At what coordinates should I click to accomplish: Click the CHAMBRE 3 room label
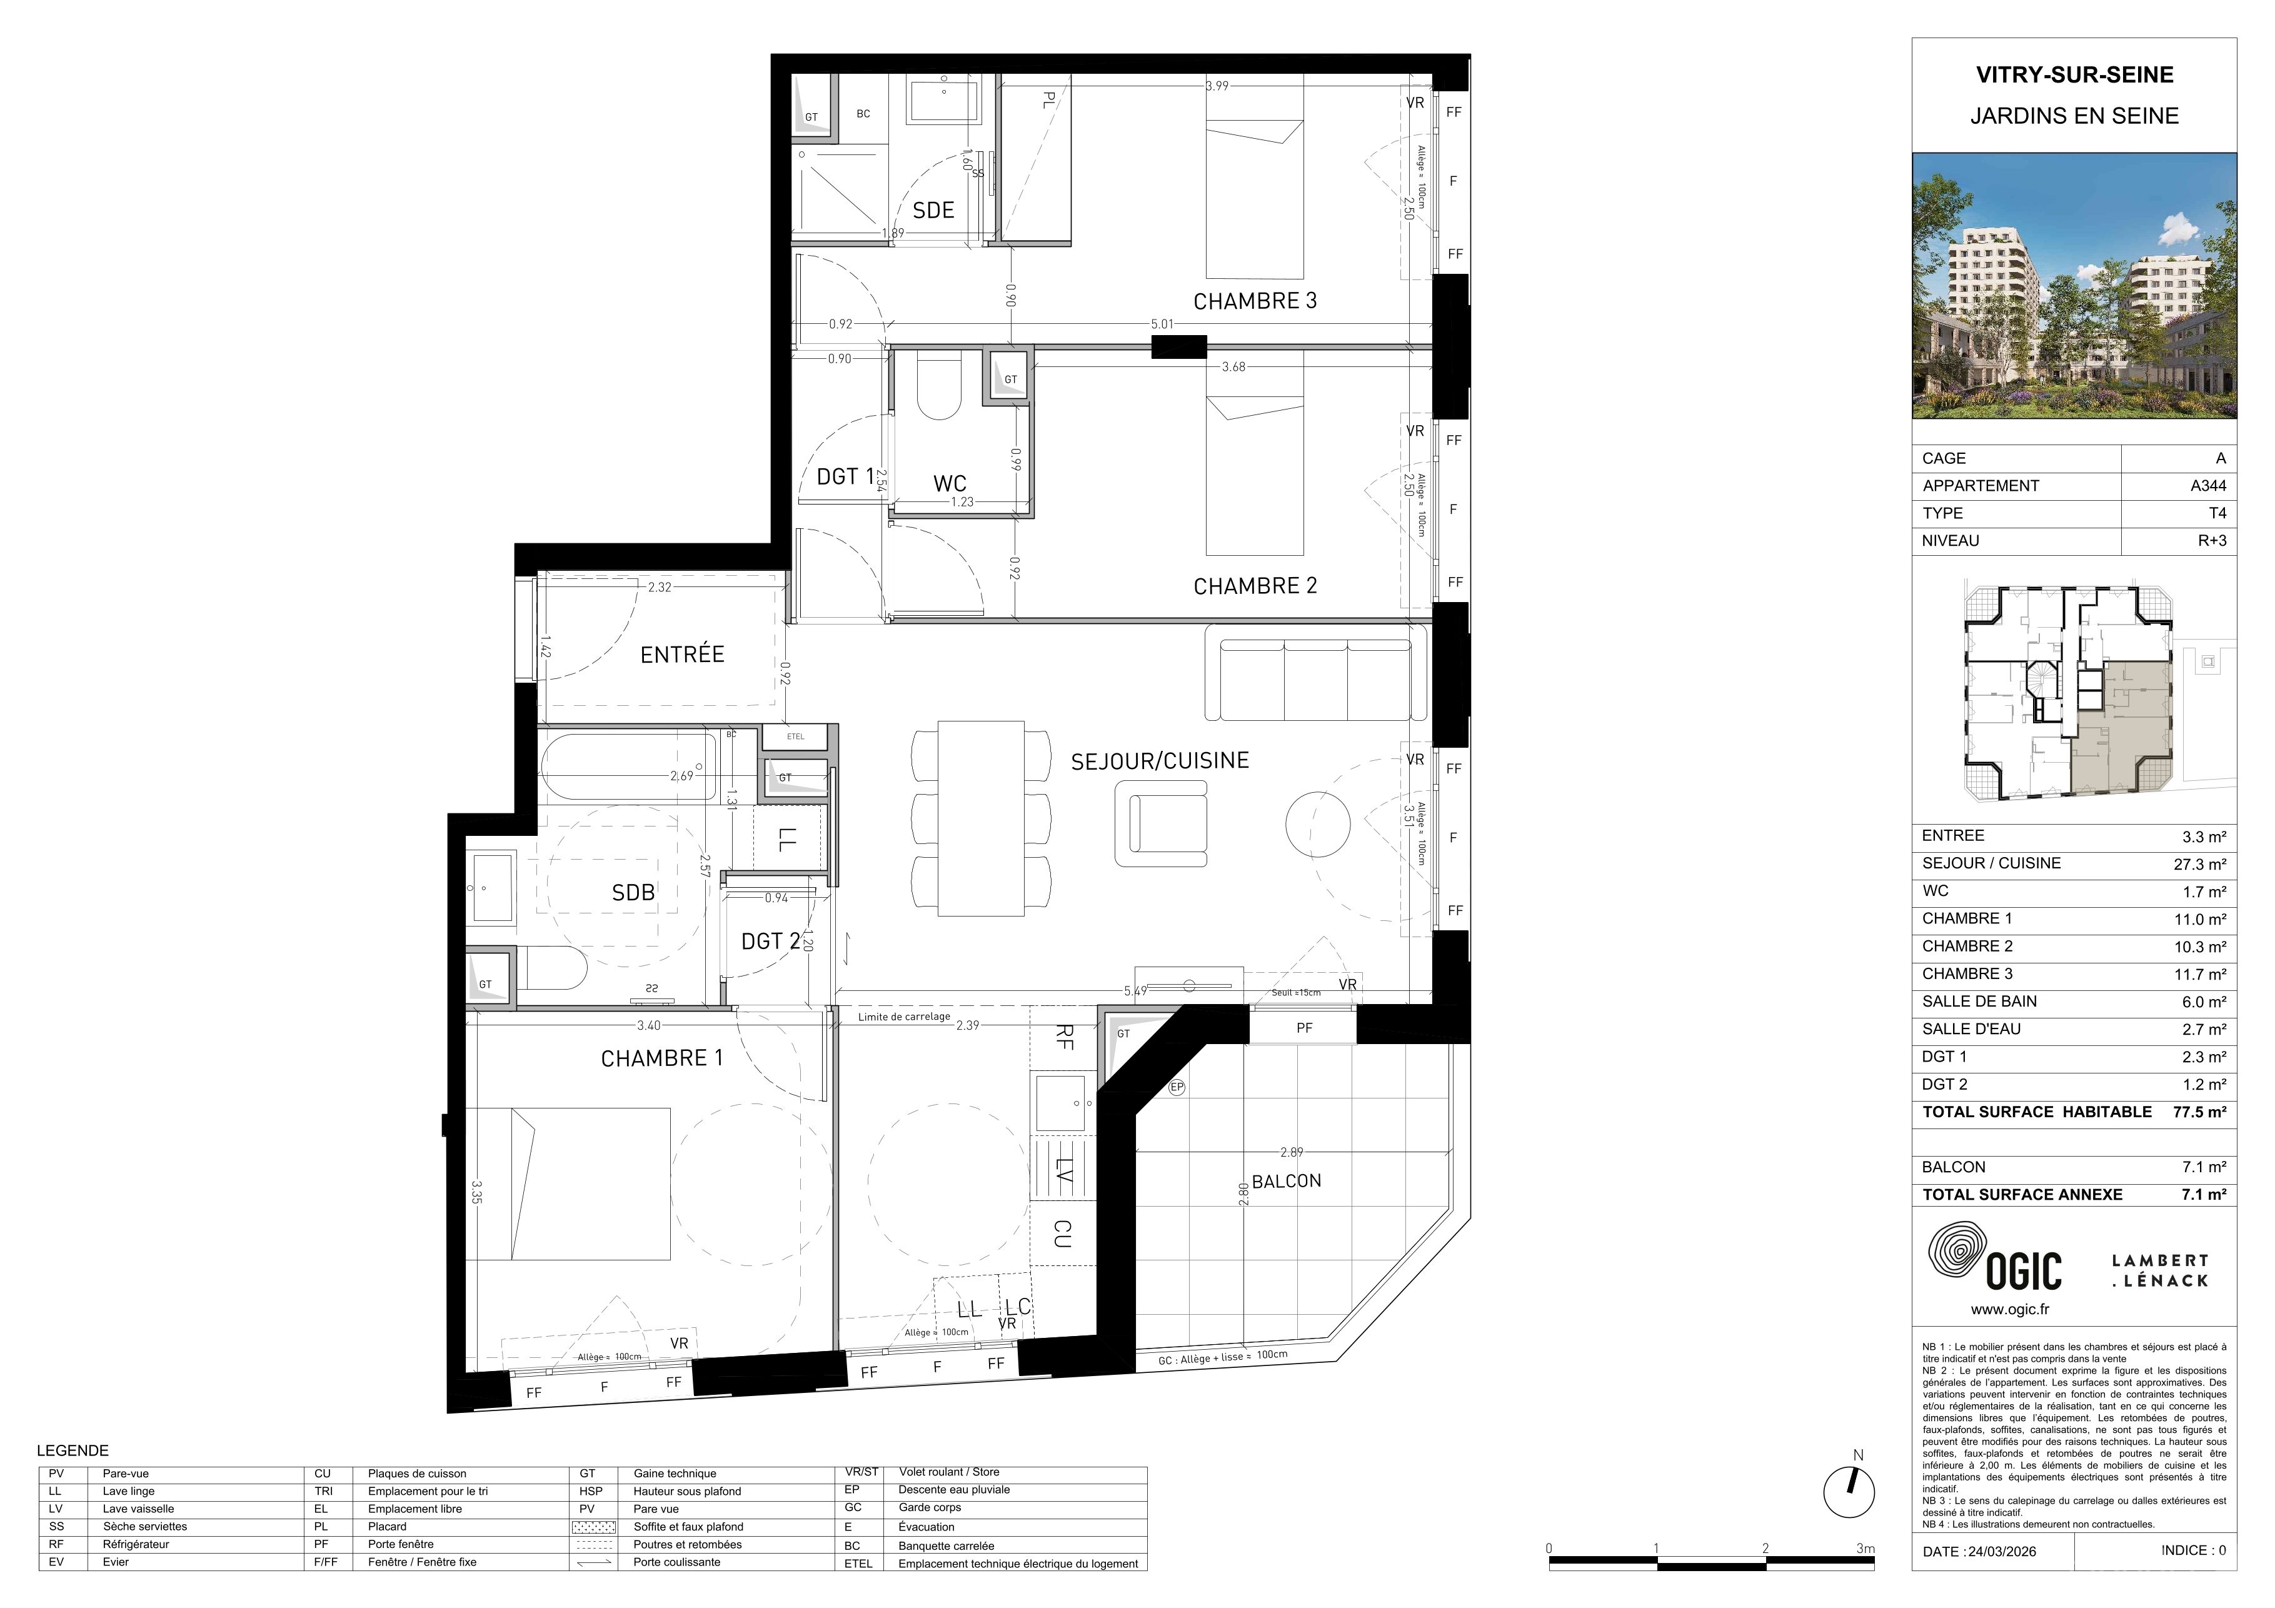(x=1255, y=301)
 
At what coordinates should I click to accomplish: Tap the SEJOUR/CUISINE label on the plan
(x=1159, y=761)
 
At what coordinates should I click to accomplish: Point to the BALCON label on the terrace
(x=1286, y=1181)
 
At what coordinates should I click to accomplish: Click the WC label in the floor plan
(x=949, y=483)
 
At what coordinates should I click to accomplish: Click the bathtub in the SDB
(x=628, y=767)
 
